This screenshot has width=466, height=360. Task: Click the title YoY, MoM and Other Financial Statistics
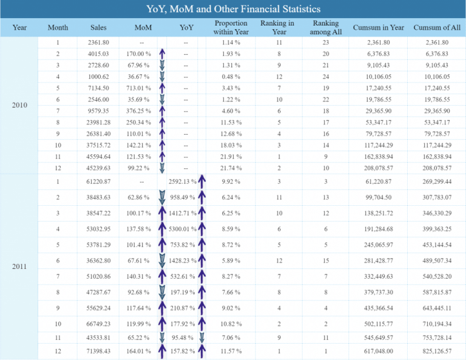point(234,9)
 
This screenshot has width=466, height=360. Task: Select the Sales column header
point(98,28)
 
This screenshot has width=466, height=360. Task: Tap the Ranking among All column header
point(325,28)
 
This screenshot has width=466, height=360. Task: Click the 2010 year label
point(19,104)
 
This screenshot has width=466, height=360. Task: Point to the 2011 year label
point(19,267)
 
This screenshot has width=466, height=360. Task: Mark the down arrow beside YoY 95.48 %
point(201,338)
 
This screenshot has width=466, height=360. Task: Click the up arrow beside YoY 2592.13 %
point(201,181)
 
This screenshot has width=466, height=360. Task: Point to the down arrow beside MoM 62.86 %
point(162,198)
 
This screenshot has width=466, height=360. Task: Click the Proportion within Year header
point(231,28)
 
